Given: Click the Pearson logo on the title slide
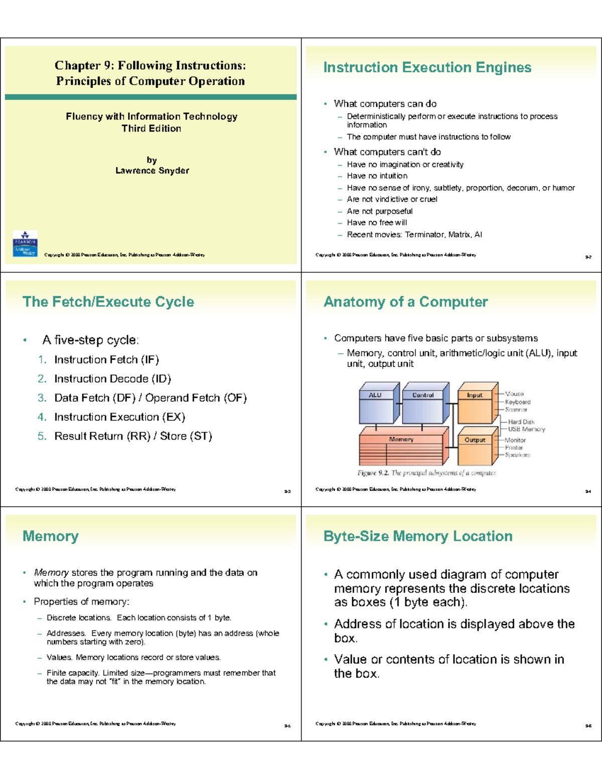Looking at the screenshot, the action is (25, 244).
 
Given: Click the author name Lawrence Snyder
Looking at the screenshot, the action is (152, 171).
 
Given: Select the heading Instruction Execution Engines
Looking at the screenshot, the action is (427, 67).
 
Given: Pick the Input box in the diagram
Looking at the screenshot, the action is (475, 406).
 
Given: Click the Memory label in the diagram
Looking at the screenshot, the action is (401, 439).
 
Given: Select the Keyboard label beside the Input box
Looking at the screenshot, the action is (518, 402).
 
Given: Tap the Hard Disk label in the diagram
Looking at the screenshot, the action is (521, 422).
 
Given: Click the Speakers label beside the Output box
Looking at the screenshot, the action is (517, 455).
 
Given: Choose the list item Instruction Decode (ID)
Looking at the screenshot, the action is (112, 379).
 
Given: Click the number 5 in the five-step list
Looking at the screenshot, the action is (42, 436).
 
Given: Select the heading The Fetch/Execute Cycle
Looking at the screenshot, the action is (108, 301).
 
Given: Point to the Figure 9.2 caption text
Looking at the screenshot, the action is (426, 473).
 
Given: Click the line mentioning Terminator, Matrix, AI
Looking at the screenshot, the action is (414, 234).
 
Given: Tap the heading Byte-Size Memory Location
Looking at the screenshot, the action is (418, 536).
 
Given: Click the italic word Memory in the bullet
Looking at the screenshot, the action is (51, 572).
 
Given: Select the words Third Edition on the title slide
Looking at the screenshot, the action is (152, 128).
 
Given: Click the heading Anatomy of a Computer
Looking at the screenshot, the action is (406, 301).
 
